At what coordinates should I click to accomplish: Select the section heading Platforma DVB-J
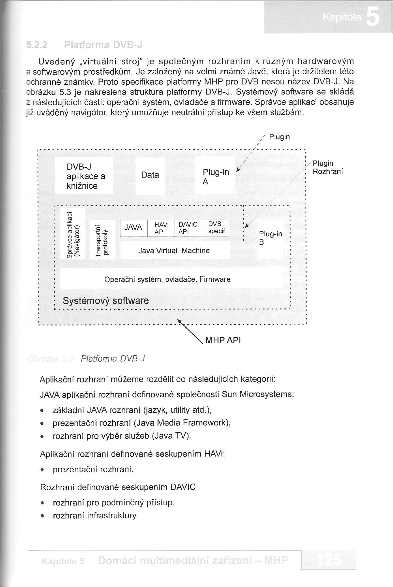[103, 44]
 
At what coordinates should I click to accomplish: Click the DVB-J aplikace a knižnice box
[84, 176]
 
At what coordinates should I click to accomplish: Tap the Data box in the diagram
[150, 175]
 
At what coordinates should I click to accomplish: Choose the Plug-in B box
[270, 238]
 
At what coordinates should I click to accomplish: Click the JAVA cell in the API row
[133, 227]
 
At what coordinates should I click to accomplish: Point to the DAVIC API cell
[188, 228]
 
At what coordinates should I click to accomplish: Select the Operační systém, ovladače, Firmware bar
[167, 279]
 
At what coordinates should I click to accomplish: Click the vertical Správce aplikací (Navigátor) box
[72, 239]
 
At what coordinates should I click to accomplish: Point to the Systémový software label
[106, 300]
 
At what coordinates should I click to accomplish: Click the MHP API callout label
[223, 341]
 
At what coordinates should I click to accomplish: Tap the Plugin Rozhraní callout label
[327, 167]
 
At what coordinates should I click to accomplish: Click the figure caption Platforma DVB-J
[113, 359]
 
